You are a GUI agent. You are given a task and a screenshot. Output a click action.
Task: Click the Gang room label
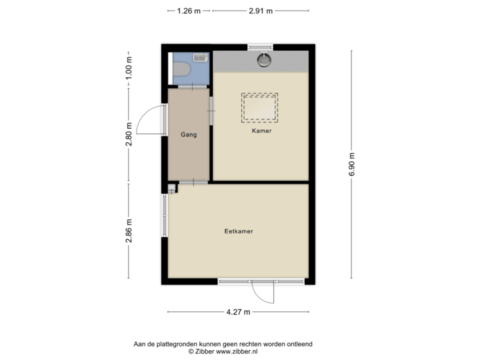tap(189, 135)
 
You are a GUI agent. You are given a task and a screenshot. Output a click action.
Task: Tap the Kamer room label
tap(261, 131)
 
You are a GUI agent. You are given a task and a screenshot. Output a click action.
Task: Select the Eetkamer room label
tap(238, 231)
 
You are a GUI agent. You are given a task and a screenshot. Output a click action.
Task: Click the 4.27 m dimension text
tap(238, 311)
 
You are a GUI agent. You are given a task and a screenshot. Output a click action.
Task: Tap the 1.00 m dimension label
tap(129, 69)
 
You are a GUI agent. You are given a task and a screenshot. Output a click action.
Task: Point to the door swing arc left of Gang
tap(146, 123)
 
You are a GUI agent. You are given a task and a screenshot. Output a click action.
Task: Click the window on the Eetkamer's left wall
tap(164, 214)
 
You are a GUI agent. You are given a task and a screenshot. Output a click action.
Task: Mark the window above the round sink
tap(257, 47)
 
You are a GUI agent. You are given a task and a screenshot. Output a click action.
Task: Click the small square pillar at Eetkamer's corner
tap(171, 189)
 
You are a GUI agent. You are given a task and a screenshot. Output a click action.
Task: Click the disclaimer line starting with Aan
tap(223, 343)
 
